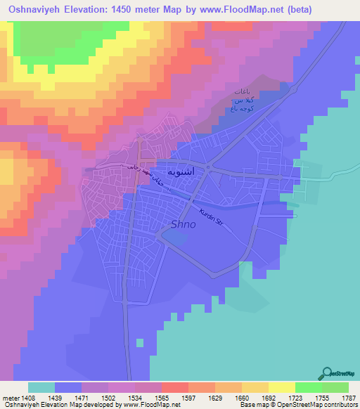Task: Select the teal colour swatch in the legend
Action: [x=41, y=387]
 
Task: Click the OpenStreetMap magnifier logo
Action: [x=326, y=373]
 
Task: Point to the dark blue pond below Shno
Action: [x=176, y=240]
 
